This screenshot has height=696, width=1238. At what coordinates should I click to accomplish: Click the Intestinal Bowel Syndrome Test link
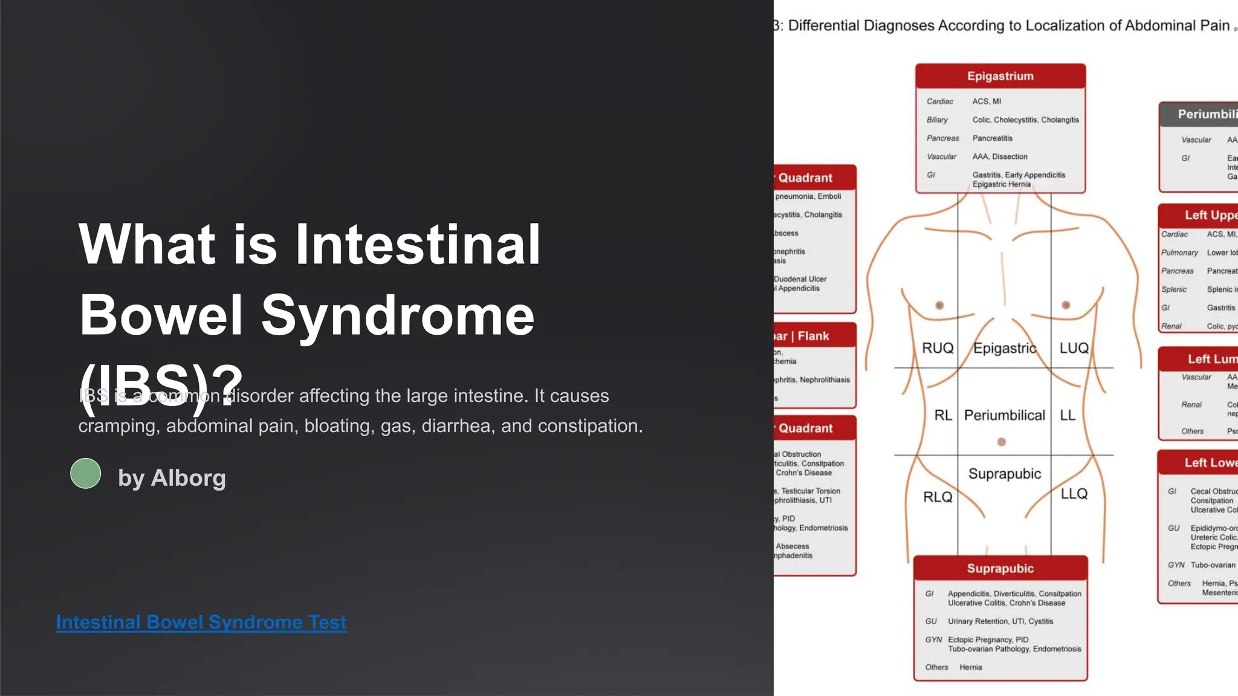(x=201, y=622)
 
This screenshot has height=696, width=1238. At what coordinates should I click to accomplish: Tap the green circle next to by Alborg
(x=86, y=473)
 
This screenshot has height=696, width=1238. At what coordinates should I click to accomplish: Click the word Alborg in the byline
(x=188, y=478)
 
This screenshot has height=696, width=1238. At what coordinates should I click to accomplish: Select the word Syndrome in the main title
(x=398, y=315)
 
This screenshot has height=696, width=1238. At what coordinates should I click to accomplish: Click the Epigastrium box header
(x=1000, y=76)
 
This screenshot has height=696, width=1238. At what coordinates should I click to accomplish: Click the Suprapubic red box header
(x=1000, y=569)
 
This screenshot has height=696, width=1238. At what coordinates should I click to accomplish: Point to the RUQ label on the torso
(x=938, y=348)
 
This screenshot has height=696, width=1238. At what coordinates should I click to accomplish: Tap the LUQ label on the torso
(x=1074, y=348)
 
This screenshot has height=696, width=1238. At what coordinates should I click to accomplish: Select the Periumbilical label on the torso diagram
(x=1004, y=415)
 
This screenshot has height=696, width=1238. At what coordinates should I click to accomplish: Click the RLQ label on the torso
(x=938, y=497)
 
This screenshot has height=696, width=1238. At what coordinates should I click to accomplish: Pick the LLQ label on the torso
(x=1074, y=494)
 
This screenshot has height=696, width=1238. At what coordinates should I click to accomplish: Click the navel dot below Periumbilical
(x=1002, y=442)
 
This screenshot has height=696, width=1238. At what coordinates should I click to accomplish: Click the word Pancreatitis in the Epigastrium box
(x=992, y=138)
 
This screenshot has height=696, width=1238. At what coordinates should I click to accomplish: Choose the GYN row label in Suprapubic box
(x=933, y=640)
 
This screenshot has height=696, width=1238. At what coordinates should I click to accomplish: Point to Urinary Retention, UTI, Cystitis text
(x=1000, y=621)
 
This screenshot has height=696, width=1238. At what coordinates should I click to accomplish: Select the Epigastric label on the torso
(x=1004, y=348)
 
